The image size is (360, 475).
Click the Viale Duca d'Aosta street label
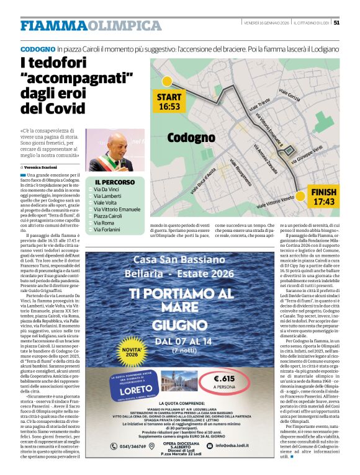[203, 180]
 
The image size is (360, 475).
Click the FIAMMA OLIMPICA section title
[91, 25]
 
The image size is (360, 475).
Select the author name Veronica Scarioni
[45, 167]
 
